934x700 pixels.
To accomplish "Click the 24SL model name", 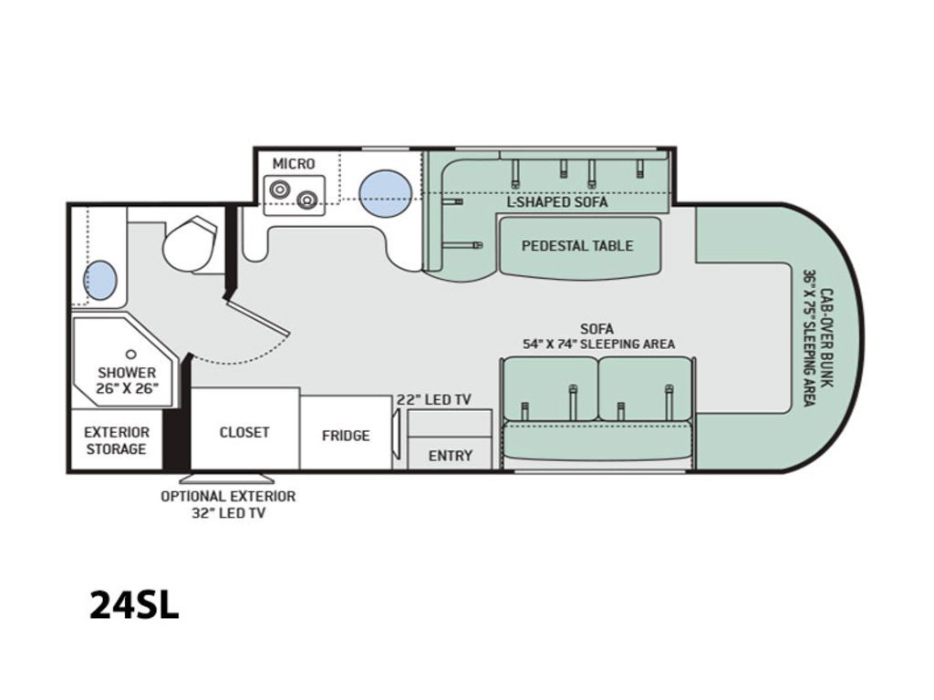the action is tap(134, 605).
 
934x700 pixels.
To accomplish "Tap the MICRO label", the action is tap(294, 164).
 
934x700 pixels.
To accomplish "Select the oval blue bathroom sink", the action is tap(100, 280).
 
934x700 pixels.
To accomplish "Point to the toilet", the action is tap(191, 244).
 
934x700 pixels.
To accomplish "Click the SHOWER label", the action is tap(127, 373).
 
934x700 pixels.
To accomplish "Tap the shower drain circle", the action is tap(131, 355).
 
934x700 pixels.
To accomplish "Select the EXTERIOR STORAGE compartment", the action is tap(117, 440).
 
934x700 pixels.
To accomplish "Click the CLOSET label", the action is tap(244, 432).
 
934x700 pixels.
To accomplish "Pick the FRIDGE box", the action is tap(346, 433).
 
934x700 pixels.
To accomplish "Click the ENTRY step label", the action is tap(451, 456).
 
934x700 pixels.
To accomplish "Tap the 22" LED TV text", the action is tap(434, 400).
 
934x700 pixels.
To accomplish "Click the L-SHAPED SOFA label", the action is tap(557, 201).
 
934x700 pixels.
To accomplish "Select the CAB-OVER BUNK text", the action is tap(826, 338).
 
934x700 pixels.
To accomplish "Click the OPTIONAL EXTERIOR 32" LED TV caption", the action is tap(228, 504).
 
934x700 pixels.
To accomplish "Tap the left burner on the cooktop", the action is tap(279, 190).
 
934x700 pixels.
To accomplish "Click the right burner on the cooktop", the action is tap(306, 201).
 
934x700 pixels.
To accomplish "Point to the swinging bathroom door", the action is tap(258, 315).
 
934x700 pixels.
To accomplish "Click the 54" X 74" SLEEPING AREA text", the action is tap(598, 344).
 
